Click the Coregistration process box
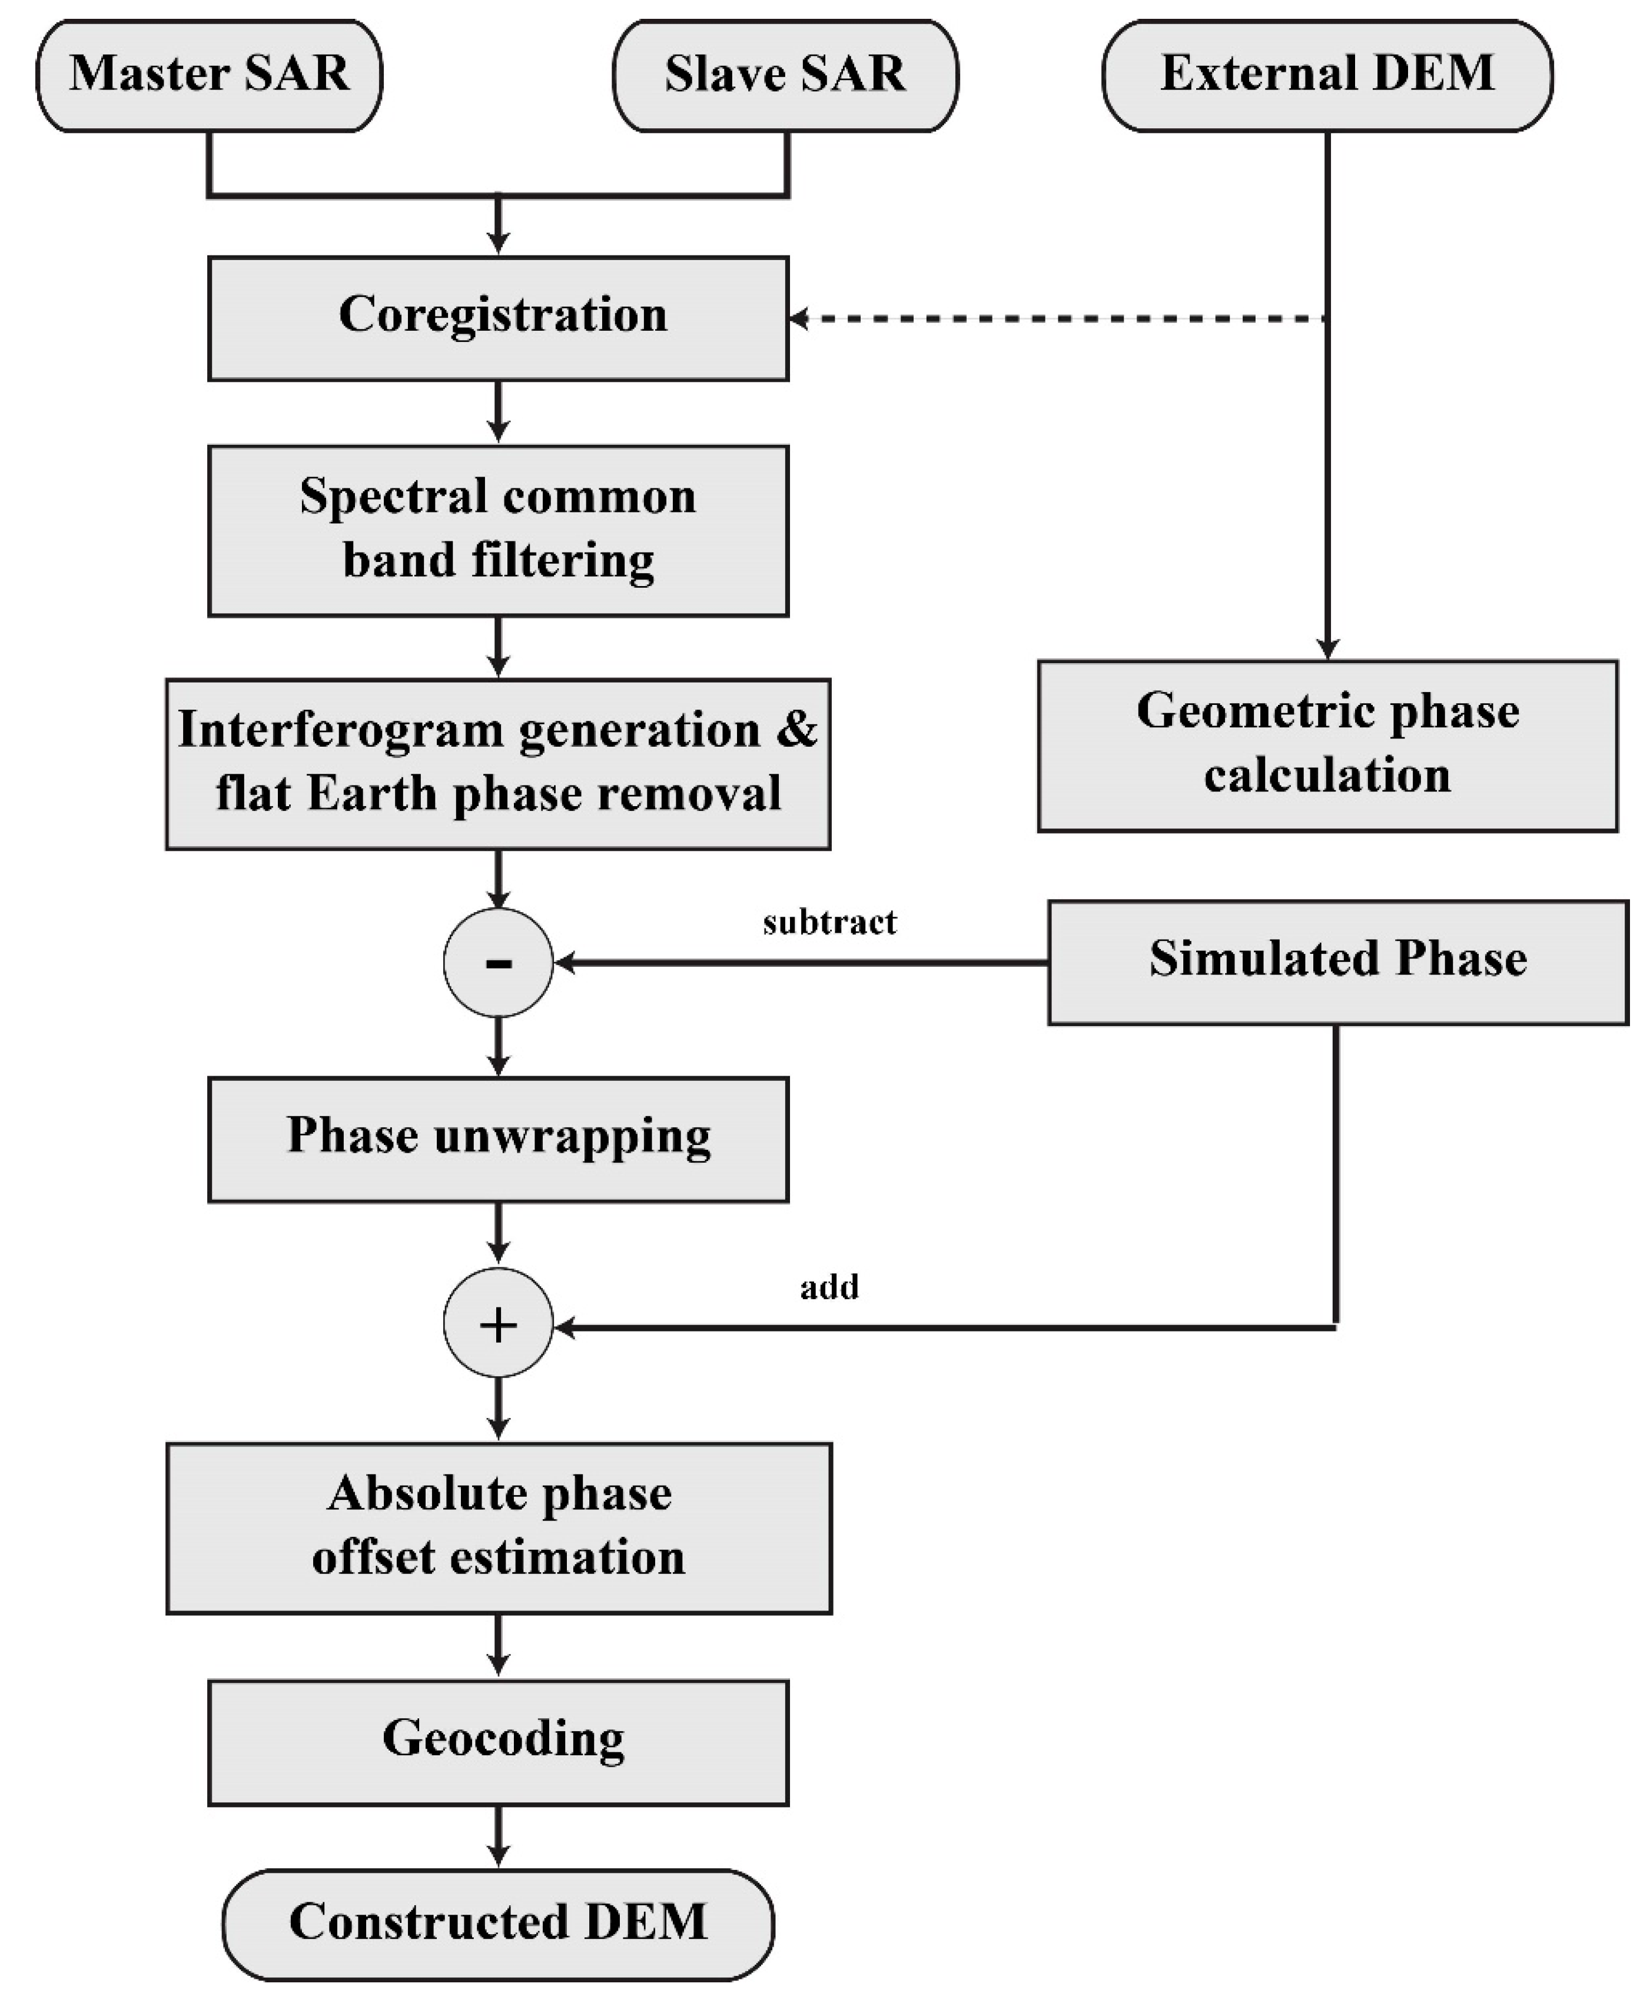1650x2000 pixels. pyautogui.click(x=498, y=317)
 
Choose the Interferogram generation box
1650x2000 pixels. pyautogui.click(x=498, y=763)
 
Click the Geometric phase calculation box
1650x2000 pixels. pyautogui.click(x=1327, y=745)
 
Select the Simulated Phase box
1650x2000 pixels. pyautogui.click(x=1337, y=961)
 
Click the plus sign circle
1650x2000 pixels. pyautogui.click(x=498, y=1323)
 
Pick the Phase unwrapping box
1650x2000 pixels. pyautogui.click(x=498, y=1138)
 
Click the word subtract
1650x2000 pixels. pyautogui.click(x=829, y=921)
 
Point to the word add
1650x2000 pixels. pyautogui.click(x=829, y=1286)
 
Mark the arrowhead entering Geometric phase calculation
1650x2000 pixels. pyautogui.click(x=1327, y=649)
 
